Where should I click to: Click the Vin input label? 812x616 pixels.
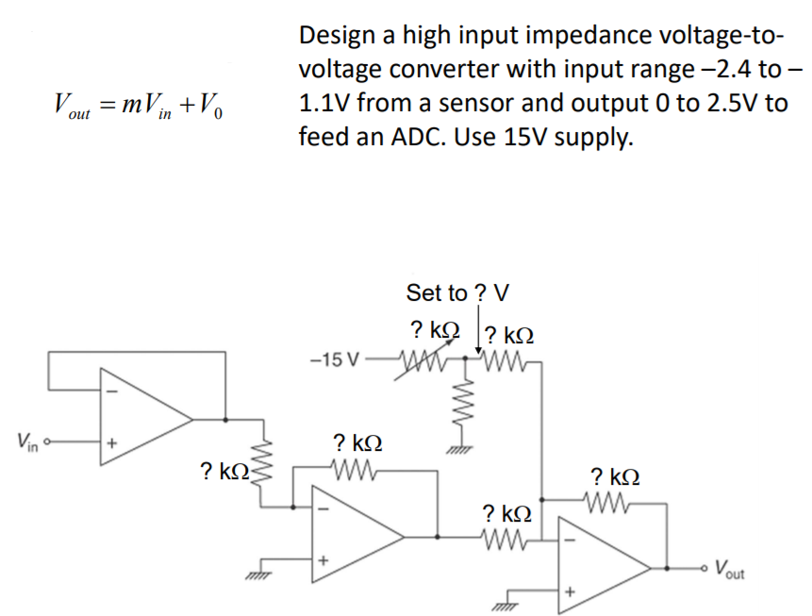point(26,440)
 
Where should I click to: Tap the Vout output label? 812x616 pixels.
point(733,569)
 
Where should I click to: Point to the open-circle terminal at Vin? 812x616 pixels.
point(44,441)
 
